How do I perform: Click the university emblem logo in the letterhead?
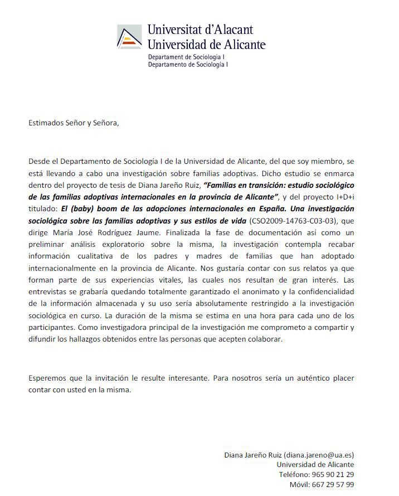pos(130,37)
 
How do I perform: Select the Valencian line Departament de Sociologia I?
pos(186,57)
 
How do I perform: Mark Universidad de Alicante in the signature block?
pos(315,464)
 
